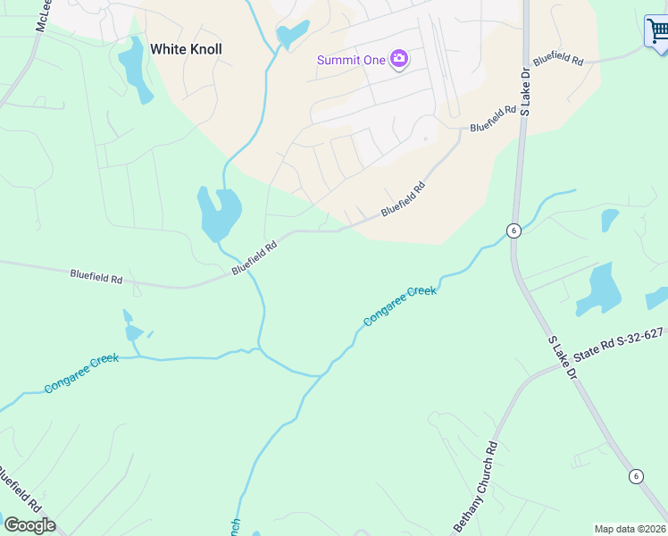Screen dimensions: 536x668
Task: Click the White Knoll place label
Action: pyautogui.click(x=186, y=49)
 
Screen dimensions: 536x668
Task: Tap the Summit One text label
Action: pyautogui.click(x=351, y=60)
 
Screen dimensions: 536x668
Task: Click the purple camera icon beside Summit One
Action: pyautogui.click(x=399, y=60)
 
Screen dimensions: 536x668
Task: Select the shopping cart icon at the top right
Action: pyautogui.click(x=657, y=32)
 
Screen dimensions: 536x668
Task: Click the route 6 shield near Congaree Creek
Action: pyautogui.click(x=513, y=230)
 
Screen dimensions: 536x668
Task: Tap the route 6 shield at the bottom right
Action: pyautogui.click(x=635, y=475)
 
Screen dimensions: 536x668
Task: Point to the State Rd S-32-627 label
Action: pyautogui.click(x=619, y=345)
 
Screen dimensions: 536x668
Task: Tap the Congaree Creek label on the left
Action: pyautogui.click(x=81, y=373)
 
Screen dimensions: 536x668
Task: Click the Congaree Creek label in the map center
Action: pyautogui.click(x=399, y=306)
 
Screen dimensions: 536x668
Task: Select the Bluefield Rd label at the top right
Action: pyautogui.click(x=558, y=62)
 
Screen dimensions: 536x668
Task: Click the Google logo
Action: pyautogui.click(x=29, y=525)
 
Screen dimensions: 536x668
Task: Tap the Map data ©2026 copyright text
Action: pyautogui.click(x=630, y=529)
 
